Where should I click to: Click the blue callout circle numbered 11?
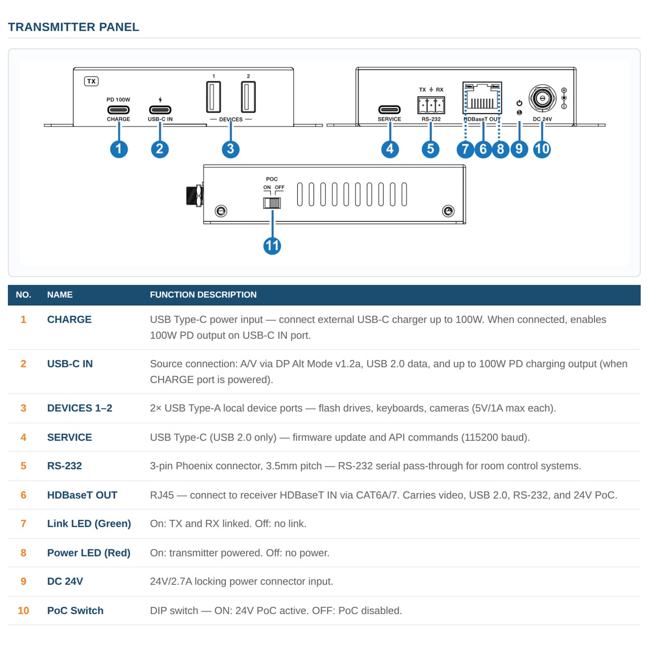271,246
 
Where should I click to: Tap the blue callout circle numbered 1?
118,149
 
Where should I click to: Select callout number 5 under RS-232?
430,149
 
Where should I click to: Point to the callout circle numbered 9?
519,149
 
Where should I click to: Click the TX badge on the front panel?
91,81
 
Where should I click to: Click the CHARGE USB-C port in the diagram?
118,110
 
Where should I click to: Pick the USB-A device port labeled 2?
248,97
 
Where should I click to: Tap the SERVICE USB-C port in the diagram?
389,110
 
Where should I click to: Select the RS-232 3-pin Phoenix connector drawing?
431,105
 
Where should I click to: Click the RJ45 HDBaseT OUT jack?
482,98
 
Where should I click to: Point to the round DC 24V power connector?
541,98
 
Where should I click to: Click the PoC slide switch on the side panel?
271,203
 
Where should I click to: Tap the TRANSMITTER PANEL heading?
73,27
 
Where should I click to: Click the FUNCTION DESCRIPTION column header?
203,295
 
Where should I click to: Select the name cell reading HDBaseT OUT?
82,495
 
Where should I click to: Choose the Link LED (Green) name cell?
88,524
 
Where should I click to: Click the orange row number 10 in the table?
23,610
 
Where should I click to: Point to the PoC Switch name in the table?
75,610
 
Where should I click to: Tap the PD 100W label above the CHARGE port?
118,100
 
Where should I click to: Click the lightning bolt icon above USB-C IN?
160,100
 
